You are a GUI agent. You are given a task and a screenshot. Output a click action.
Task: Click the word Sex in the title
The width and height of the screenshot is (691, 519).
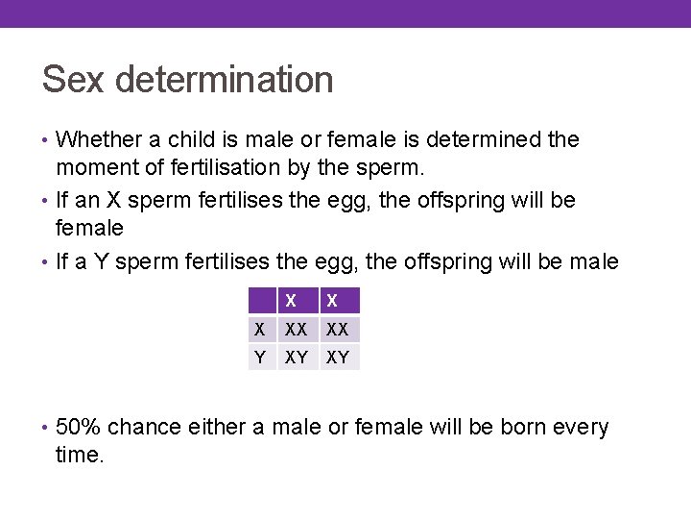73,80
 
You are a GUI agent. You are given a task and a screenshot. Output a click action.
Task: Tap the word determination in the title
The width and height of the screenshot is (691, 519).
225,80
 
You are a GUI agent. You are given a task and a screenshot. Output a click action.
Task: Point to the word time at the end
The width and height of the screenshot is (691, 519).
79,455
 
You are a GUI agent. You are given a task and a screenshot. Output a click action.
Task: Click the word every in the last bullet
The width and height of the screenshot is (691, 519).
584,428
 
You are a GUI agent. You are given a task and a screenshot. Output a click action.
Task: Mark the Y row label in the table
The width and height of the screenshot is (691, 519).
259,358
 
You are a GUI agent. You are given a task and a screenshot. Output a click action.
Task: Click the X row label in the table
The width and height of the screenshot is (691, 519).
259,330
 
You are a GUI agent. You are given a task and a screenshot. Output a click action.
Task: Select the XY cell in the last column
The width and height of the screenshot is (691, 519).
339,358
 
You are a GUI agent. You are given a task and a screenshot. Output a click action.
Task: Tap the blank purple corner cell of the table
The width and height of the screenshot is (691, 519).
259,301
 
